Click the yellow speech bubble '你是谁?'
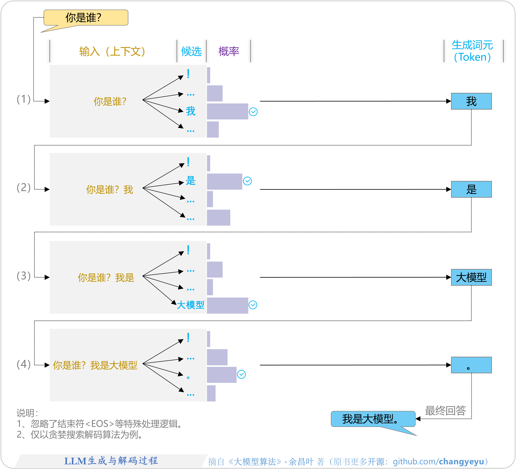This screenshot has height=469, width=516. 86,18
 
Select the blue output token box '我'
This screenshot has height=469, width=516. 471,101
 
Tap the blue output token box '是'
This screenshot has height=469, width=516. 471,189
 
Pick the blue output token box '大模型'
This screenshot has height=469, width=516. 471,277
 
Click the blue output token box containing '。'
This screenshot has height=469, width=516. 471,365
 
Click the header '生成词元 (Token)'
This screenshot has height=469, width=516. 472,51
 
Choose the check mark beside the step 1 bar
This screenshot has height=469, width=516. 253,112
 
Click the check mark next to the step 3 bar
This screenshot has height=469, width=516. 253,305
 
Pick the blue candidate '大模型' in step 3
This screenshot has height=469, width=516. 191,305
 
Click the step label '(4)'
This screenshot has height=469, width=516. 23,364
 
